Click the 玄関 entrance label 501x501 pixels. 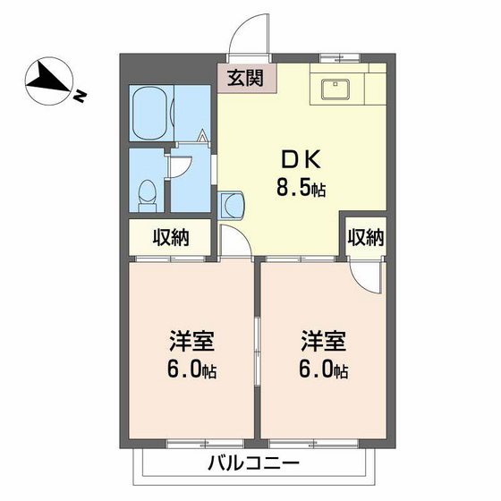[244, 79]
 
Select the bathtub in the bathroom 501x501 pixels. [149, 114]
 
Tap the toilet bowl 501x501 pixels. [149, 191]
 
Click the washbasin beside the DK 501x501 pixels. [231, 204]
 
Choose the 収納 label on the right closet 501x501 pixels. [365, 238]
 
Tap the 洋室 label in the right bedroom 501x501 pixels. [322, 342]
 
